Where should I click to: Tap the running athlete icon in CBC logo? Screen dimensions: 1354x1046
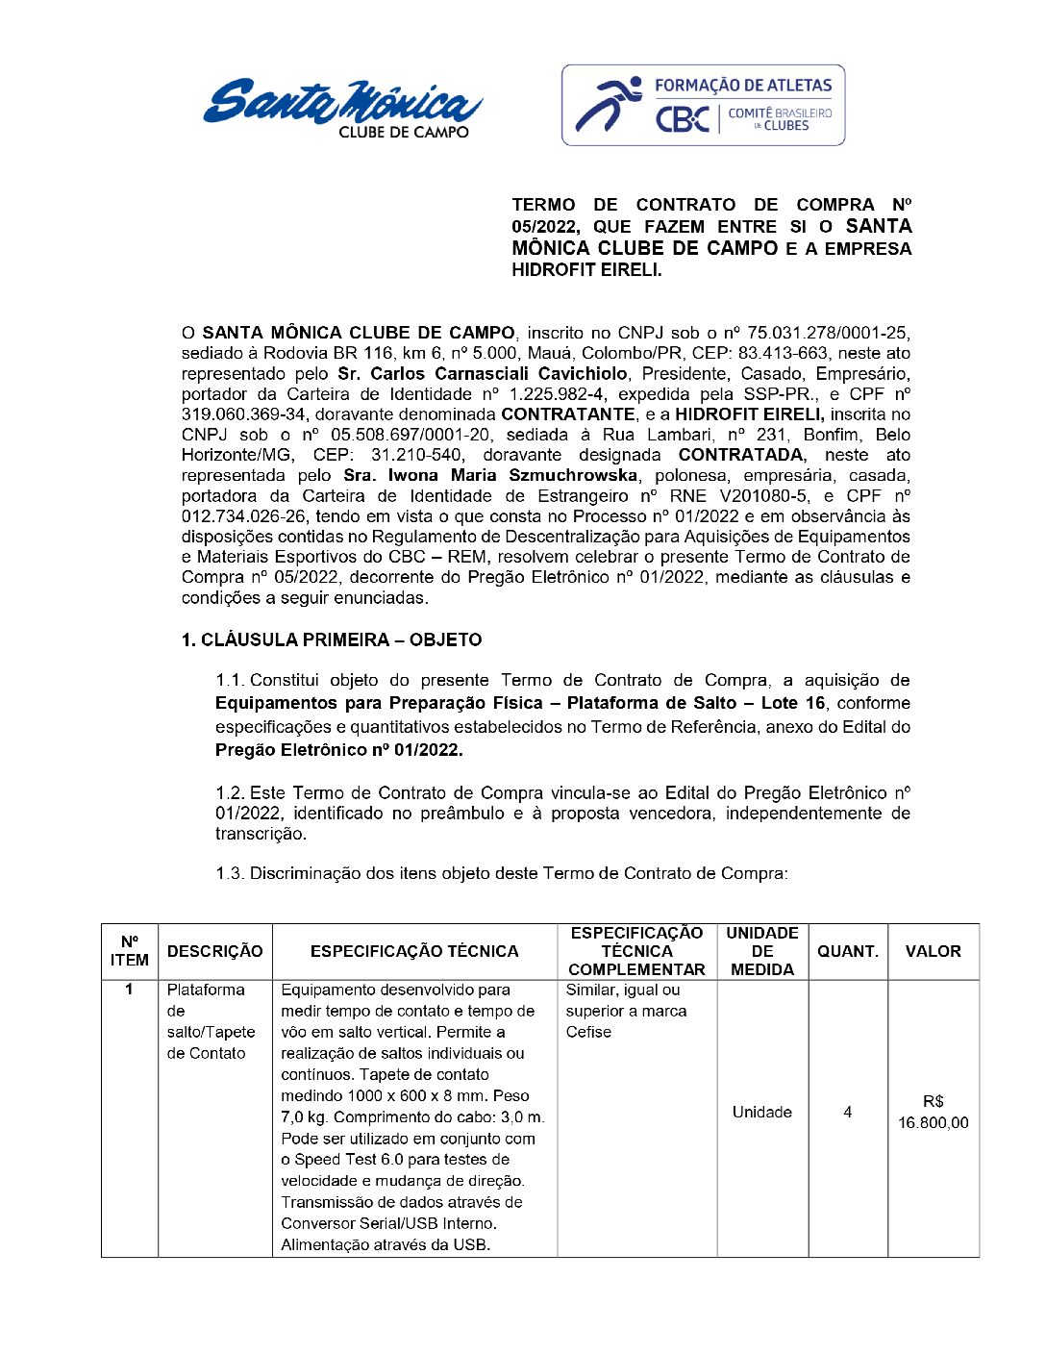coord(609,104)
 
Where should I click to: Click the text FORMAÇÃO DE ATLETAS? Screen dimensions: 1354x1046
coord(742,86)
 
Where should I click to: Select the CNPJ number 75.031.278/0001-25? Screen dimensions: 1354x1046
coord(829,333)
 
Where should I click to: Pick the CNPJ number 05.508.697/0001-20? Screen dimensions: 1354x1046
coord(411,435)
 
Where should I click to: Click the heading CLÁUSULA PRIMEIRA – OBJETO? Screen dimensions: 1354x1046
coord(332,639)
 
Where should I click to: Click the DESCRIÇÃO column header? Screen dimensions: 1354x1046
coord(214,951)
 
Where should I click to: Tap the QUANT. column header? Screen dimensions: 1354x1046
coord(847,951)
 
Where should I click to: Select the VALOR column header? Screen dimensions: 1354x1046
coord(933,951)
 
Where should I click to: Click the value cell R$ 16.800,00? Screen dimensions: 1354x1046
coord(933,1113)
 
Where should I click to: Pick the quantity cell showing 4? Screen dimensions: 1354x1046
coord(847,1113)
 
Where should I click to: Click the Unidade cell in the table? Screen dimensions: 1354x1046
coord(761,1113)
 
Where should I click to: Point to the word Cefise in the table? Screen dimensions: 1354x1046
coord(588,1032)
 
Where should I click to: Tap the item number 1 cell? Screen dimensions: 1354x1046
coord(129,990)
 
